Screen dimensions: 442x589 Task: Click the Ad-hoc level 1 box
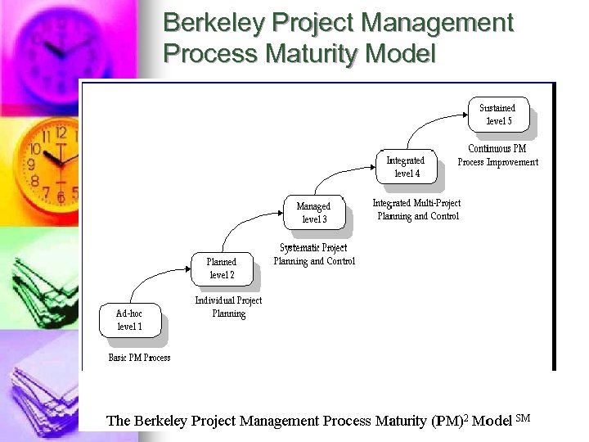pos(129,320)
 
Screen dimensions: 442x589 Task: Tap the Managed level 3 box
pos(313,213)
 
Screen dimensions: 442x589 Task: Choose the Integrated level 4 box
pos(406,167)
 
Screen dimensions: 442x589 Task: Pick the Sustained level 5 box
pos(498,114)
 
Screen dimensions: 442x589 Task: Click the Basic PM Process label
pos(140,358)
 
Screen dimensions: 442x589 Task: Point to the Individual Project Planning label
pos(228,307)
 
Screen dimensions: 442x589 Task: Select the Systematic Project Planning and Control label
pos(314,255)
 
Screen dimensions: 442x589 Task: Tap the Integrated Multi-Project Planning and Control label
pos(417,210)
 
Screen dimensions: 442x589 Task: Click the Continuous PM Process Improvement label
pos(498,156)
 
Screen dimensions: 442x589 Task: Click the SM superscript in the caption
pos(524,417)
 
